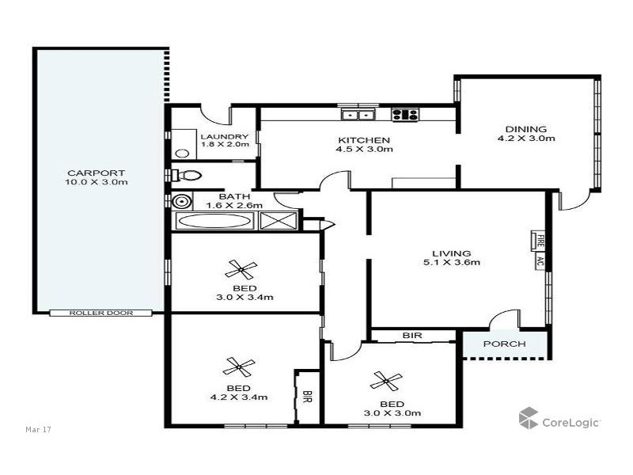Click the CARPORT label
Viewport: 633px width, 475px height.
(97, 173)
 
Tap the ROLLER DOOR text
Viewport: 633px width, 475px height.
(100, 313)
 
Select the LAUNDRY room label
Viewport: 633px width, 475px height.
(225, 136)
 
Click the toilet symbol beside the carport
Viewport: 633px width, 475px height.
(188, 174)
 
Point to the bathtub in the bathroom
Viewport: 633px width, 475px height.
(214, 221)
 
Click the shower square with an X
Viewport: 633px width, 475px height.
(278, 221)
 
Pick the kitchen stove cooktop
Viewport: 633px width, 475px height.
(405, 114)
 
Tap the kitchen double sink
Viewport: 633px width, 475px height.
(358, 114)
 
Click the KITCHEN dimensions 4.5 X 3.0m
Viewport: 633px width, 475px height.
(364, 149)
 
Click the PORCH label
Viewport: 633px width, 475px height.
(505, 344)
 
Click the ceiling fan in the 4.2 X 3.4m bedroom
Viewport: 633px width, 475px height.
(238, 366)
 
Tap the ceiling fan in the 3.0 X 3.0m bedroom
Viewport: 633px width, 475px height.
(387, 381)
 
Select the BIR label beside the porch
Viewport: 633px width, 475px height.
(411, 336)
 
